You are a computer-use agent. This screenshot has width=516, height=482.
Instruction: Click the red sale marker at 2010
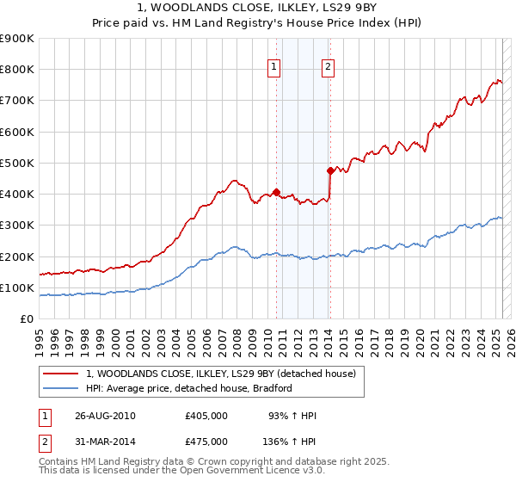click(x=276, y=192)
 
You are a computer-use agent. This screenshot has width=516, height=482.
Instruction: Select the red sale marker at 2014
click(x=330, y=170)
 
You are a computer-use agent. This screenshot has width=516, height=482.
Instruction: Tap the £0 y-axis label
click(x=27, y=318)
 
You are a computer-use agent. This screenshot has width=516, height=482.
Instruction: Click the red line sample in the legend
click(x=62, y=373)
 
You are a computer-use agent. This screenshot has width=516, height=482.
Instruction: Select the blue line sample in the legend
click(x=62, y=388)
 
